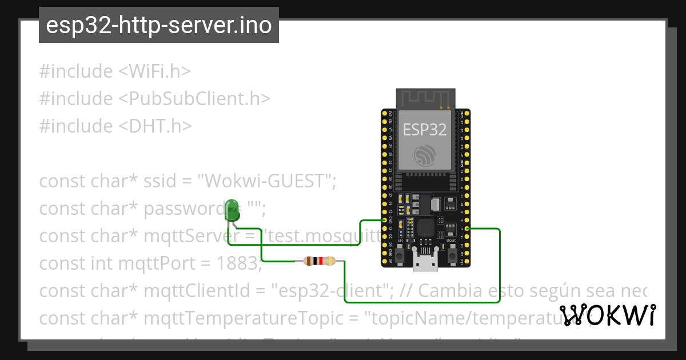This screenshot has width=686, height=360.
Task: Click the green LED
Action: (232, 209)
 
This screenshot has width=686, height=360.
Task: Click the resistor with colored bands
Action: (320, 261)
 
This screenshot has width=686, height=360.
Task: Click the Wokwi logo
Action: (608, 315)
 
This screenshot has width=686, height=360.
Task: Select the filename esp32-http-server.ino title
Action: (158, 25)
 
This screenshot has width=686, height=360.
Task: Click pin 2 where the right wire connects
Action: (467, 229)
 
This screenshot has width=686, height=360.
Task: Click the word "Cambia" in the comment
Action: (448, 291)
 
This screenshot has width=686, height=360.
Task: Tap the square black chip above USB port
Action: (426, 227)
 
